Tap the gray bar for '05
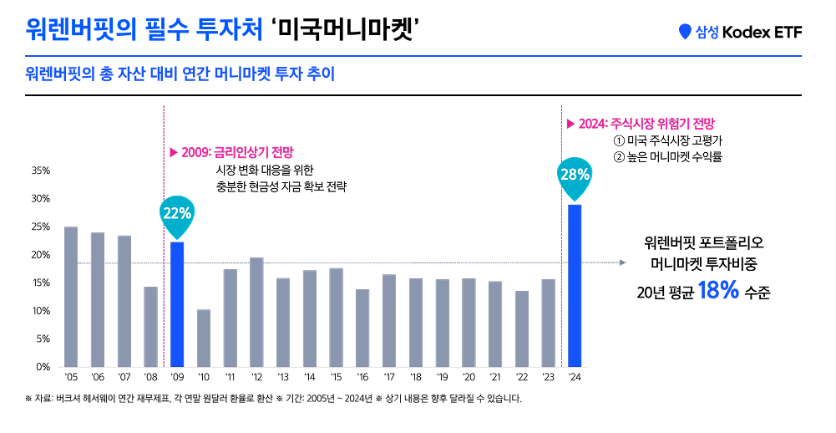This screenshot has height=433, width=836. tap(71, 297)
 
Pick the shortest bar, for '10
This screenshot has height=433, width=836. tap(204, 338)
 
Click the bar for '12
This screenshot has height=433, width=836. tap(256, 312)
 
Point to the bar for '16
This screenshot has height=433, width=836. tap(362, 328)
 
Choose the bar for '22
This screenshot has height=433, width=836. tap(522, 329)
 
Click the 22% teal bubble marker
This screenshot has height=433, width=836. tap(177, 213)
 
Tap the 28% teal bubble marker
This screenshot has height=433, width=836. tap(575, 176)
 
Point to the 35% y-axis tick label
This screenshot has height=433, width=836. tap(41, 171)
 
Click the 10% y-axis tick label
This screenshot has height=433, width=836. tap(41, 311)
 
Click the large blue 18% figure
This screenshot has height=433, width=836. tap(718, 292)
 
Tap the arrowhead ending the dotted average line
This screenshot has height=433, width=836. tap(622, 262)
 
